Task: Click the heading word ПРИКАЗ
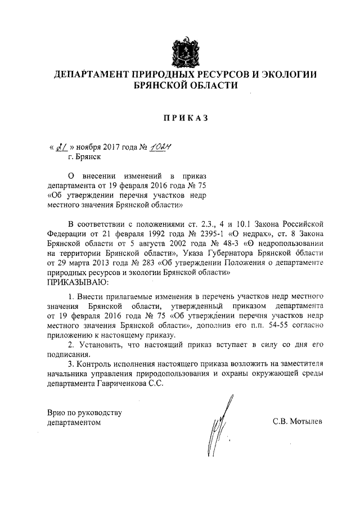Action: pyautogui.click(x=185, y=118)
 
